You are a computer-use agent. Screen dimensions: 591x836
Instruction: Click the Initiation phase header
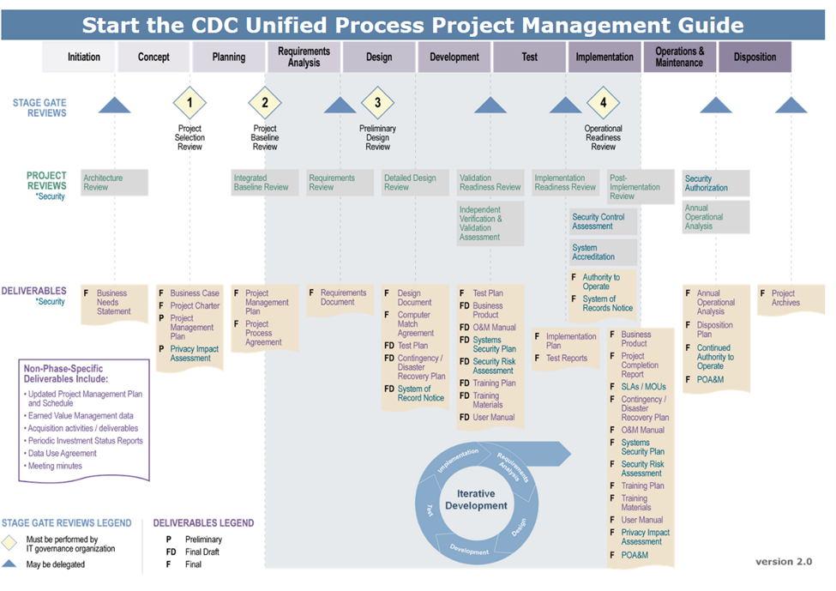pyautogui.click(x=84, y=57)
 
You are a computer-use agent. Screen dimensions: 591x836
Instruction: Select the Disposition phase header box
pyautogui.click(x=755, y=57)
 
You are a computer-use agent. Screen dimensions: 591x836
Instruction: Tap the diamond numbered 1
pyautogui.click(x=189, y=103)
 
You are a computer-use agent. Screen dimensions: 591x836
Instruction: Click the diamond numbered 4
pyautogui.click(x=603, y=103)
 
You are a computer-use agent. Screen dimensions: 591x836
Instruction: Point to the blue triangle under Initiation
pyautogui.click(x=114, y=106)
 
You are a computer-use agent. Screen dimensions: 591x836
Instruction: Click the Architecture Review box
pyautogui.click(x=114, y=183)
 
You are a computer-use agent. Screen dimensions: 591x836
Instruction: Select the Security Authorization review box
pyautogui.click(x=716, y=184)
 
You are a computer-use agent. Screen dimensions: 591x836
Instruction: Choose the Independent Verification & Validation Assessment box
pyautogui.click(x=490, y=223)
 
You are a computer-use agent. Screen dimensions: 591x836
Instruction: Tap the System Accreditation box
pyautogui.click(x=603, y=252)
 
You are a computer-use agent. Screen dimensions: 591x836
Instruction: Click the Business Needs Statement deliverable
pyautogui.click(x=113, y=302)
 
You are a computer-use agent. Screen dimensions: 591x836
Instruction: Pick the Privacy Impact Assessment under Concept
pyautogui.click(x=194, y=353)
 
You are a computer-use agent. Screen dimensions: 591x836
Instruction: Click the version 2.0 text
pyautogui.click(x=783, y=562)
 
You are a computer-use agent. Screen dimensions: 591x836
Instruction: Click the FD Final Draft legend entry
pyautogui.click(x=193, y=552)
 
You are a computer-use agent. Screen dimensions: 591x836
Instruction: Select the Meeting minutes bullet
pyautogui.click(x=56, y=466)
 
